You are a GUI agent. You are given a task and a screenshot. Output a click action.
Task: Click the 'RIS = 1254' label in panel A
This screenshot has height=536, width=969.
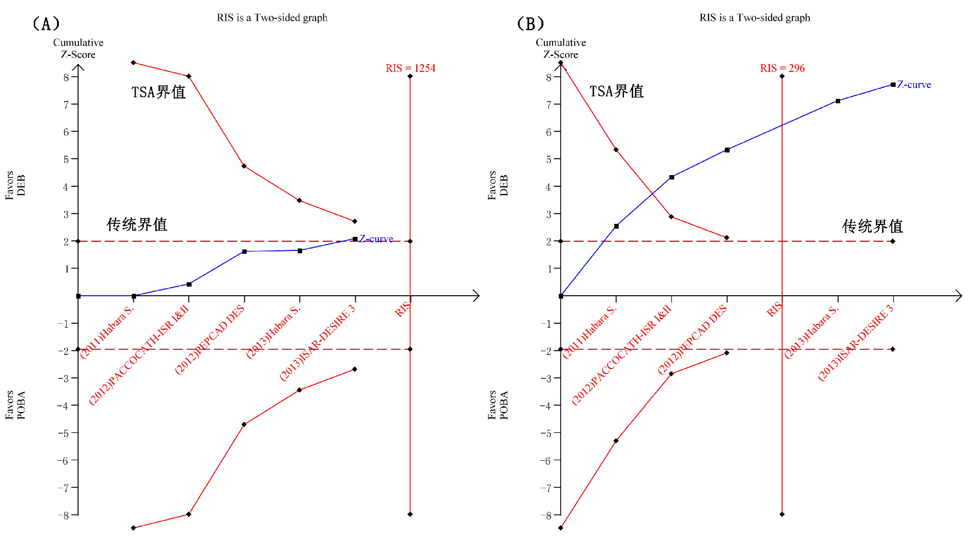(410, 68)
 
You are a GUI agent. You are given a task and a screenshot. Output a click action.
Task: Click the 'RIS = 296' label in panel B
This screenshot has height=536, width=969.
(782, 68)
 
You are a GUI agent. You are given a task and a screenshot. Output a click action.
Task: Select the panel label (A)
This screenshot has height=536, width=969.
(46, 23)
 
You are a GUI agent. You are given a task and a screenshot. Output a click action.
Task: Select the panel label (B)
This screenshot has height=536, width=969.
(530, 23)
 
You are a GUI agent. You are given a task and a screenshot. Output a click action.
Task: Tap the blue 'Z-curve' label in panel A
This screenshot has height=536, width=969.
(376, 239)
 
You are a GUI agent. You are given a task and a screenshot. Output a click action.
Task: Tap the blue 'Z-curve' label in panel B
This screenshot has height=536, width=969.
(914, 84)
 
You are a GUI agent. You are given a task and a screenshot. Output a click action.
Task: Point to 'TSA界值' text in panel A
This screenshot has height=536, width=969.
(158, 92)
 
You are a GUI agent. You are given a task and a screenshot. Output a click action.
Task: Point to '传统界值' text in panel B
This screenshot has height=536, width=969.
(872, 226)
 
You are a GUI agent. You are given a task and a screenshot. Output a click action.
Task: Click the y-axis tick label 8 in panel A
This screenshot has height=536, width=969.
(67, 77)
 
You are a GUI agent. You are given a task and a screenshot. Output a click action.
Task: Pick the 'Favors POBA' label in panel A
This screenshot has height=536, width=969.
(15, 405)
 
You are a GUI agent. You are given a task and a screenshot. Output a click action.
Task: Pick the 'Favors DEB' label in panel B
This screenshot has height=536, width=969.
(498, 185)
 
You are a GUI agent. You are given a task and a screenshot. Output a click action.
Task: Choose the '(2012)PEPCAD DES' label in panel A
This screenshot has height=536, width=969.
(209, 340)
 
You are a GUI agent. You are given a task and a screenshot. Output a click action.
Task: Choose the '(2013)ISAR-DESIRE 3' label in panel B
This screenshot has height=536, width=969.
(856, 343)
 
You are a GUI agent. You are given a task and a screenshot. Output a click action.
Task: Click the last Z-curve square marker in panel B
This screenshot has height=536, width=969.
(893, 85)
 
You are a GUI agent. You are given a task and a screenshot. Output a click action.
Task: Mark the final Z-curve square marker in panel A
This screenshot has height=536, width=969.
(355, 239)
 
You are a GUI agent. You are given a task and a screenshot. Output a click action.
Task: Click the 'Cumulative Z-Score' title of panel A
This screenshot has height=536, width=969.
(78, 48)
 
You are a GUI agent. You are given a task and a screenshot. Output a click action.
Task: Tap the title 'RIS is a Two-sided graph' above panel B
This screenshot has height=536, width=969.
(755, 18)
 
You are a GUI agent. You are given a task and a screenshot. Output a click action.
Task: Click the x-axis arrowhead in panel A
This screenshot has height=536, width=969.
(476, 296)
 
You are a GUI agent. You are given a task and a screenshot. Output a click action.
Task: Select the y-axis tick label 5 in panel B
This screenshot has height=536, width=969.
(549, 159)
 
